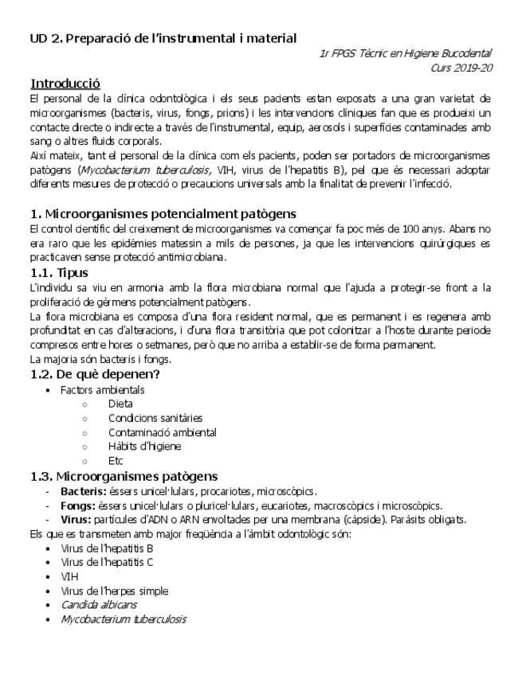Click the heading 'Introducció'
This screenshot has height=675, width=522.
click(65, 84)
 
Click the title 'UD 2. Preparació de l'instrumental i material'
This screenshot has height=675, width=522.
click(163, 37)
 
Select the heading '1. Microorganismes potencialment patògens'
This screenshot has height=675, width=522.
click(163, 213)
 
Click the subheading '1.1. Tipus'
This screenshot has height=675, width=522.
click(58, 273)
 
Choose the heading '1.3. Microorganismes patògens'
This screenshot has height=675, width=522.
click(124, 476)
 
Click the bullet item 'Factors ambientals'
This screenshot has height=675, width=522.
click(103, 390)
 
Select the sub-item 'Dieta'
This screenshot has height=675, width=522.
click(120, 404)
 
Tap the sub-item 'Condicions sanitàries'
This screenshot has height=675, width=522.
click(155, 418)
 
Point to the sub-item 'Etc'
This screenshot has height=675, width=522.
click(116, 461)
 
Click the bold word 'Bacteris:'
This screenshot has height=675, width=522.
click(83, 491)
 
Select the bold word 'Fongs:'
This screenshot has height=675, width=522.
click(78, 505)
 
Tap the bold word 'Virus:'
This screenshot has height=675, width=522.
click(77, 520)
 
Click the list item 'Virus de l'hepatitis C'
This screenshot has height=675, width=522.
click(107, 562)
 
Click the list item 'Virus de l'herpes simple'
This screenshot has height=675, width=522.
click(114, 591)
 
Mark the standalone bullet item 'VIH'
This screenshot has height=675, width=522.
click(69, 576)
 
